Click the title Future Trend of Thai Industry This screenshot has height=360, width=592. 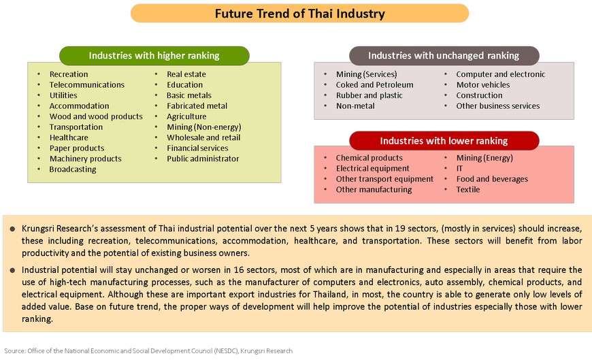(x=300, y=14)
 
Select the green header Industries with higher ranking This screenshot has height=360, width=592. (x=154, y=56)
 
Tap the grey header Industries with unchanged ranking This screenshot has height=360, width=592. (x=444, y=56)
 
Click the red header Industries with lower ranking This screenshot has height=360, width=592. (x=444, y=140)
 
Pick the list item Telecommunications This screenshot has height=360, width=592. (x=87, y=84)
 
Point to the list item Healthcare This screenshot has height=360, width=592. (x=69, y=137)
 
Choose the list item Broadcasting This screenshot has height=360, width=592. (x=73, y=169)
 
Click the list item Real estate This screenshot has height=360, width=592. (x=186, y=74)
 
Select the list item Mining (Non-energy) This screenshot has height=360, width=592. (x=204, y=127)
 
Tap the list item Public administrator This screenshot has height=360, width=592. (x=203, y=159)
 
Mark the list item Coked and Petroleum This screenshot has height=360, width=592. (x=374, y=84)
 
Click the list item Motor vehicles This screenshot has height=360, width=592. (x=483, y=84)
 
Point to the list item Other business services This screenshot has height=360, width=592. (x=497, y=105)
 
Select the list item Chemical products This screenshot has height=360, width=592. (x=369, y=157)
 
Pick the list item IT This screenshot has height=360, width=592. (x=459, y=168)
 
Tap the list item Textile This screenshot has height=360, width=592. (x=467, y=189)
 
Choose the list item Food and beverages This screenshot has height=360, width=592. (x=492, y=179)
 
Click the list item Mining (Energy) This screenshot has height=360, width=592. (x=484, y=157)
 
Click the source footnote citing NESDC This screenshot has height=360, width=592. (x=148, y=351)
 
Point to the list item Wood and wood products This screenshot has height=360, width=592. (x=96, y=116)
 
